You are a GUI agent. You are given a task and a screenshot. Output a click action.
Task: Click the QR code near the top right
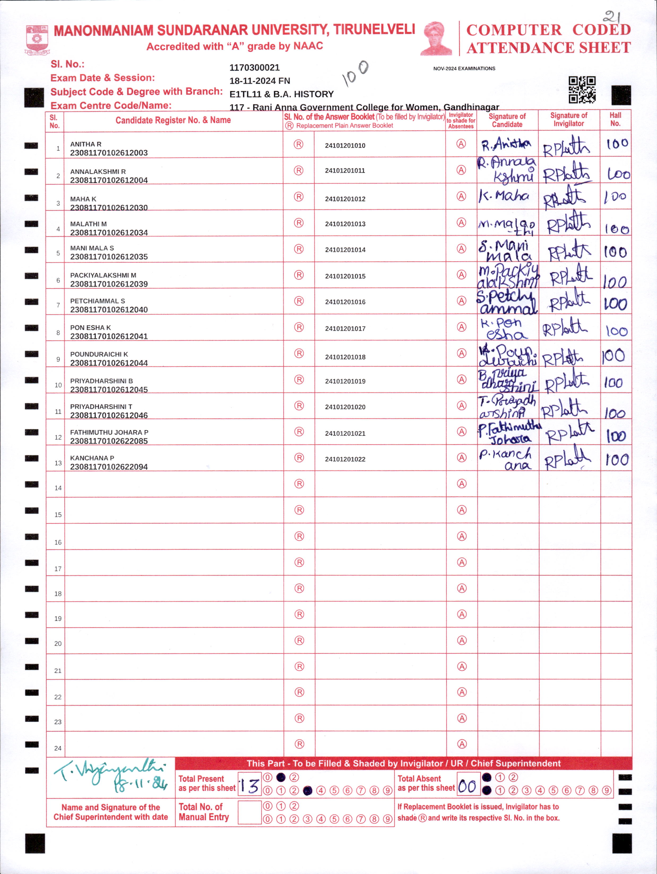pyautogui.click(x=582, y=90)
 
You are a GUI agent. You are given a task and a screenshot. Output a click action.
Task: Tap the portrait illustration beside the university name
pyautogui.click(x=436, y=38)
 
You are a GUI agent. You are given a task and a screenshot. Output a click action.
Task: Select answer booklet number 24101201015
pyautogui.click(x=345, y=276)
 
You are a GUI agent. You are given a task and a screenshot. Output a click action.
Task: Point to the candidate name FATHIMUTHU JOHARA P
pyautogui.click(x=109, y=432)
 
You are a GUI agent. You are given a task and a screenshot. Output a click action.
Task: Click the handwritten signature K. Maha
pyautogui.click(x=504, y=196)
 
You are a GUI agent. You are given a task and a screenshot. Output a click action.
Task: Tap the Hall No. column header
pyautogui.click(x=615, y=119)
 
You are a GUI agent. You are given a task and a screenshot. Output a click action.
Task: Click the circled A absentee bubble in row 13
pyautogui.click(x=461, y=457)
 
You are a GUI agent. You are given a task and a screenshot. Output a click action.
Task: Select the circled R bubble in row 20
pyautogui.click(x=299, y=640)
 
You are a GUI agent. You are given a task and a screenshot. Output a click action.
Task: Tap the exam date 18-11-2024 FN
pyautogui.click(x=260, y=81)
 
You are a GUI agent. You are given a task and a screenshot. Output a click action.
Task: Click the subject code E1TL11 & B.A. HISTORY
pyautogui.click(x=282, y=94)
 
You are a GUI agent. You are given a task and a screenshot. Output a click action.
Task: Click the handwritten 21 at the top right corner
pyautogui.click(x=612, y=17)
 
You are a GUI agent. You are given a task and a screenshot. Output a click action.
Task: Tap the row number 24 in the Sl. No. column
pyautogui.click(x=58, y=748)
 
